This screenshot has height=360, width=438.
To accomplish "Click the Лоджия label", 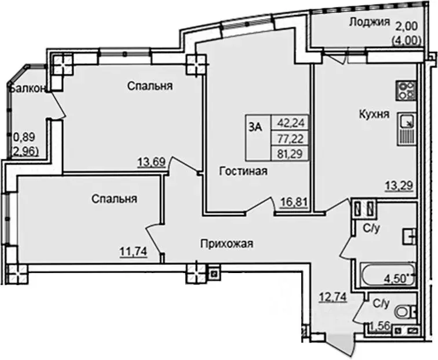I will (367, 23).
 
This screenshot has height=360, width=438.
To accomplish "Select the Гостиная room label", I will (243, 170).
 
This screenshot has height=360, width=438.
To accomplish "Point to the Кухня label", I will (373, 114).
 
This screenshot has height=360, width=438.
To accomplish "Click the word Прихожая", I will (227, 243).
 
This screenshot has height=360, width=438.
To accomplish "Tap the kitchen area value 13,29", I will (399, 186).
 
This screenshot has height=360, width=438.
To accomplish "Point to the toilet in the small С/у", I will (407, 311).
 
